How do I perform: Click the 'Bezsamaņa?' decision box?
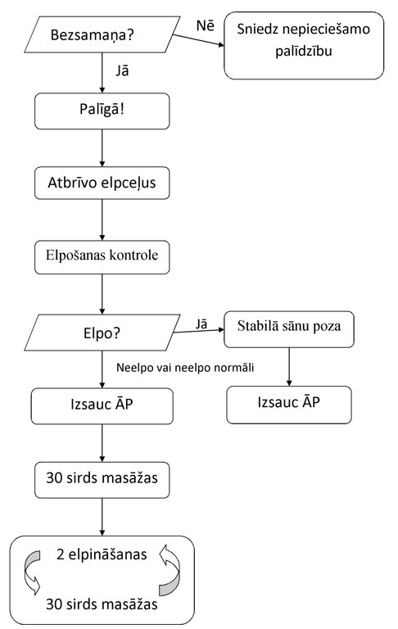[102, 34]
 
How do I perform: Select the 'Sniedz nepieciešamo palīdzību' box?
[304, 45]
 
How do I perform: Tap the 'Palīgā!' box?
[102, 111]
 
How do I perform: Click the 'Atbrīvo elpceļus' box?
[102, 183]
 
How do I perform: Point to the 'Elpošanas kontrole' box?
[102, 257]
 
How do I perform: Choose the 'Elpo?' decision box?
[102, 333]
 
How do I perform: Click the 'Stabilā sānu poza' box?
[289, 329]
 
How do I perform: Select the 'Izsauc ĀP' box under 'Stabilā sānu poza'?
[289, 405]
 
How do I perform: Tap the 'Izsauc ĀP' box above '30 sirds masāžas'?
[102, 406]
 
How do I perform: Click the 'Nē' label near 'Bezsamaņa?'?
[205, 25]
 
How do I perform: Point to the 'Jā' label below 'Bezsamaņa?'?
[122, 71]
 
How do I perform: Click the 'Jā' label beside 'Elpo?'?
[201, 324]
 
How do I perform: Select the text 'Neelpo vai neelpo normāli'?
[185, 368]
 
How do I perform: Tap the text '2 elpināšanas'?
[102, 554]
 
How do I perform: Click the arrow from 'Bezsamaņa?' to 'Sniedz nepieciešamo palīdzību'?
[198, 40]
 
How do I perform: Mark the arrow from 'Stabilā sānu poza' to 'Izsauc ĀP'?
[289, 367]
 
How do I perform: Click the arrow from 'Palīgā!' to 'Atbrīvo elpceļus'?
[102, 148]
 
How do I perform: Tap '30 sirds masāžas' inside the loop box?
[102, 604]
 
